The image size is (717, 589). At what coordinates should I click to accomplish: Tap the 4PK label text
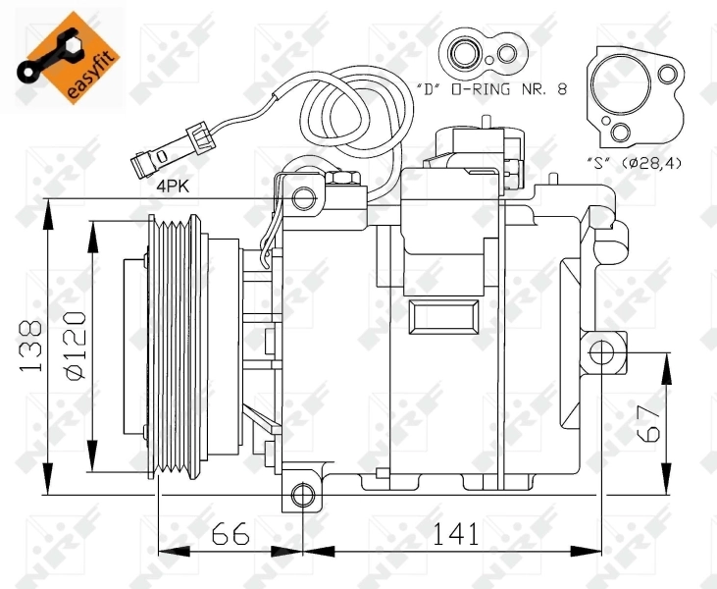(173, 183)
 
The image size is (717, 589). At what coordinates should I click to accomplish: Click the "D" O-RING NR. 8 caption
(504, 89)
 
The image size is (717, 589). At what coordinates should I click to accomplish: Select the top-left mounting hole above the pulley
(305, 199)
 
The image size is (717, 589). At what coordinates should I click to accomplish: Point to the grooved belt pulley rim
(175, 348)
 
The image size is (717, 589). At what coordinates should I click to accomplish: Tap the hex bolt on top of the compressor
(344, 180)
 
